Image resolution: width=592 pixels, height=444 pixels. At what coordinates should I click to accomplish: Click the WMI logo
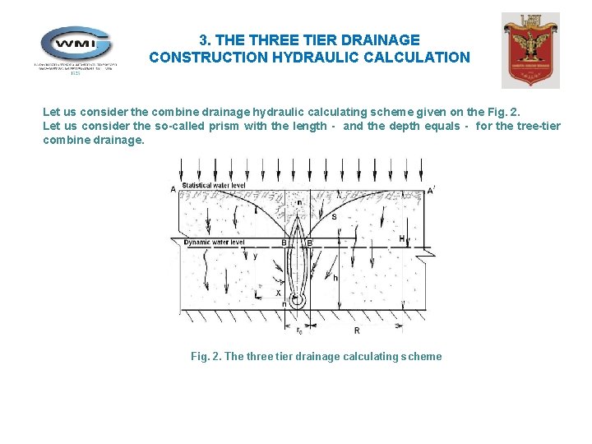[x=76, y=47]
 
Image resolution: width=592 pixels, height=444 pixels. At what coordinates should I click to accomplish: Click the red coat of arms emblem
[x=530, y=50]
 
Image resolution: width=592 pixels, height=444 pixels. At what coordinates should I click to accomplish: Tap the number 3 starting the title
[x=203, y=39]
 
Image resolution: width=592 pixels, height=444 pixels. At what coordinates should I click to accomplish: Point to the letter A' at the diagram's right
[x=432, y=191]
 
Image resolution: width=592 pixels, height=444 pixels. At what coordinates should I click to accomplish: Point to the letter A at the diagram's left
[x=173, y=190]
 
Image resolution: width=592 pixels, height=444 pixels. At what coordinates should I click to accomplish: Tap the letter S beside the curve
[x=334, y=216]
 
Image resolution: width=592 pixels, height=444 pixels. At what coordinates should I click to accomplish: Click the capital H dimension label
[x=401, y=239]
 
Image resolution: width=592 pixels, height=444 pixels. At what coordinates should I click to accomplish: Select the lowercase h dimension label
[x=335, y=277]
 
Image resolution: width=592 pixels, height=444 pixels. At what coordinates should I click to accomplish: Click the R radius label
[x=356, y=330]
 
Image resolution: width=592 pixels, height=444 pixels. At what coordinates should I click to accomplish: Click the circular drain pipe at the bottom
[x=297, y=303]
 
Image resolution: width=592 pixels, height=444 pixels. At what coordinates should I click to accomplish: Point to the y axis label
[x=255, y=256]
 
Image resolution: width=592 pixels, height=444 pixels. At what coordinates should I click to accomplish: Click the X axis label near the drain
[x=278, y=293]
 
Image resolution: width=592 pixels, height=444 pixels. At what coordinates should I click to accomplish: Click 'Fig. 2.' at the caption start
[x=206, y=357]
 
